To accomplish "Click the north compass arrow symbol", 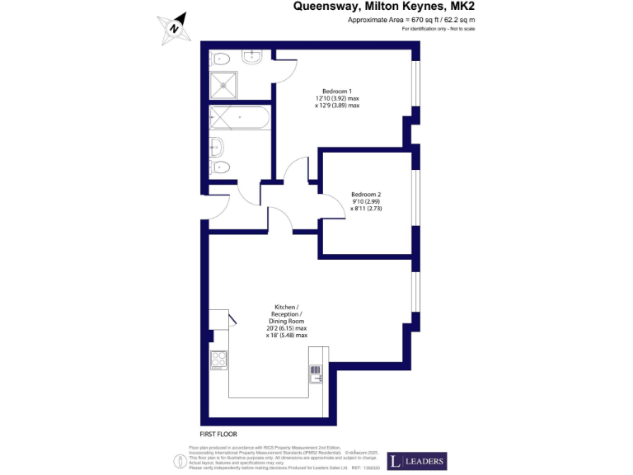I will tap(175, 26).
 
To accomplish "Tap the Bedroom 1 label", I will tap(337, 91).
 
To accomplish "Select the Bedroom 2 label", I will tap(366, 195).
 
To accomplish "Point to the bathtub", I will tap(238, 118).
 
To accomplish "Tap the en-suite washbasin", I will tap(251, 56).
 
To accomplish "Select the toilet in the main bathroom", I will tap(220, 168).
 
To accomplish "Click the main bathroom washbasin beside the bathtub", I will tap(217, 148).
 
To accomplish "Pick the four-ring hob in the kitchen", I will tap(219, 360).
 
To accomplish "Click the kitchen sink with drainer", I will tap(315, 374).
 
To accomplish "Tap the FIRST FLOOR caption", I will tap(218, 434).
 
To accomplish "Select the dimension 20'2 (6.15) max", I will tap(286, 328).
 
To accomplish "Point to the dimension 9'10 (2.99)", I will tap(366, 202).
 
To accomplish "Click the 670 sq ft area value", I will tap(418, 20).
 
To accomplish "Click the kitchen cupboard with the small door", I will tap(218, 320).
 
